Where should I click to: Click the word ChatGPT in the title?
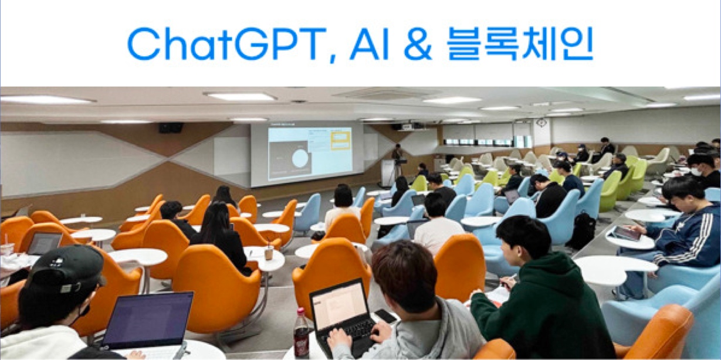[x=226, y=44]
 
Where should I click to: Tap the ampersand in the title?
[x=418, y=44]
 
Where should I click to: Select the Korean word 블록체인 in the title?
[x=520, y=44]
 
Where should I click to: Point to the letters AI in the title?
[x=369, y=44]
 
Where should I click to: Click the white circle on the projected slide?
[x=300, y=158]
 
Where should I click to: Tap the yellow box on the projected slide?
[x=340, y=141]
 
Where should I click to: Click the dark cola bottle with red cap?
[x=301, y=332]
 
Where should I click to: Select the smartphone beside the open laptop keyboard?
[x=385, y=316]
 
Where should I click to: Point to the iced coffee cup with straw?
[x=269, y=252]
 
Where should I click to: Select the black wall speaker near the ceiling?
[x=171, y=128]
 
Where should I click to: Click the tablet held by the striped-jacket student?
[x=626, y=233]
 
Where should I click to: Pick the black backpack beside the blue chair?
[x=583, y=231]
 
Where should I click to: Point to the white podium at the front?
[x=388, y=173]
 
